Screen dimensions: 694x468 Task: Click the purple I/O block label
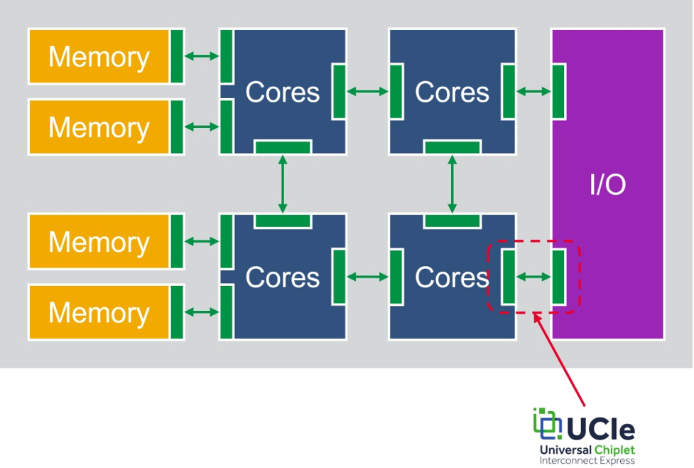click(x=607, y=184)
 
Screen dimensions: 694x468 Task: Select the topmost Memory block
click(x=106, y=56)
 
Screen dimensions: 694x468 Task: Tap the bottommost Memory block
click(x=106, y=312)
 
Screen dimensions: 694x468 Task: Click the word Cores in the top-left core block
click(x=283, y=92)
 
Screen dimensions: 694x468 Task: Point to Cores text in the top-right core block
click(x=452, y=92)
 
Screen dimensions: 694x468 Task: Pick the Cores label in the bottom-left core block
click(x=283, y=277)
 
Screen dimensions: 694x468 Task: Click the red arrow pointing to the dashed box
click(x=559, y=359)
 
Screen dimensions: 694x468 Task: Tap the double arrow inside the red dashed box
click(x=533, y=277)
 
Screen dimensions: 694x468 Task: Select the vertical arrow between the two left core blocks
click(x=283, y=184)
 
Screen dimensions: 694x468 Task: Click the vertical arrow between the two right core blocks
click(x=452, y=184)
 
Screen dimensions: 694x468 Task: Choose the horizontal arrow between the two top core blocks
click(x=368, y=92)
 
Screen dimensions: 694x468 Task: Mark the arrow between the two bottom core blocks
click(x=368, y=277)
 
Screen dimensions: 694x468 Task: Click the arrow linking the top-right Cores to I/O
click(x=533, y=92)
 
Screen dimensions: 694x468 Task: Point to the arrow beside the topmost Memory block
click(x=202, y=56)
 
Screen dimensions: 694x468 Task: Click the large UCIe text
click(x=601, y=429)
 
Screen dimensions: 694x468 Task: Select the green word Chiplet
click(x=614, y=450)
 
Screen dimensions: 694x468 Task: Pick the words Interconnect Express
click(x=587, y=461)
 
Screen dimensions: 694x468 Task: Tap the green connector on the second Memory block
click(x=177, y=127)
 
